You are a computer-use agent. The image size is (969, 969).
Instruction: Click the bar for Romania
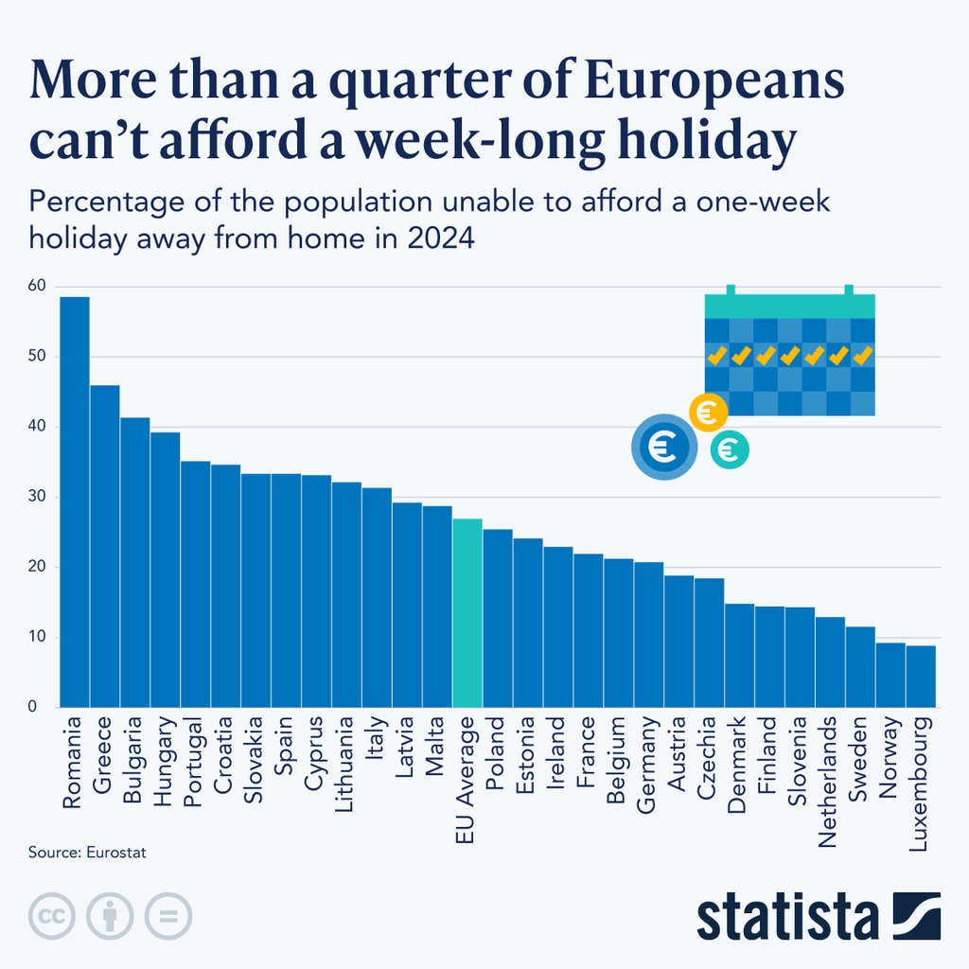coord(75,502)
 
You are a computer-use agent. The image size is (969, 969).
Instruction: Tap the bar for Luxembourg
coord(921,676)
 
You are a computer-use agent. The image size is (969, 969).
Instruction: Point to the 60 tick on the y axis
coord(38,286)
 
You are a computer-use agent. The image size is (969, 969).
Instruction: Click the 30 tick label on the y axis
coord(38,497)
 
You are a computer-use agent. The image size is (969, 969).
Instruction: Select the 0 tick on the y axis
coord(33,707)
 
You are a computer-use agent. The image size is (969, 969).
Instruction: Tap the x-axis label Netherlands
coord(830,767)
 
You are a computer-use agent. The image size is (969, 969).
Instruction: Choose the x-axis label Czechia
coord(709,758)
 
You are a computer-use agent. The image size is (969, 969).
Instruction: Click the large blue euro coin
coord(663,448)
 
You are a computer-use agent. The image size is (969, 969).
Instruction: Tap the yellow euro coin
coord(708,413)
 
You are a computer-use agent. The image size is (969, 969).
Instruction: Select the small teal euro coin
coord(730,449)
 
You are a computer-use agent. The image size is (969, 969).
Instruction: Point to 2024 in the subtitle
coord(440,238)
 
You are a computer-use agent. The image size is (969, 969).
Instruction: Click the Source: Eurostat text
coord(87,853)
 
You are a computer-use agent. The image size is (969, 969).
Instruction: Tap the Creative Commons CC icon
coord(54,916)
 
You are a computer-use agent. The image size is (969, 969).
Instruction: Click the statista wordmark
coord(787,918)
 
